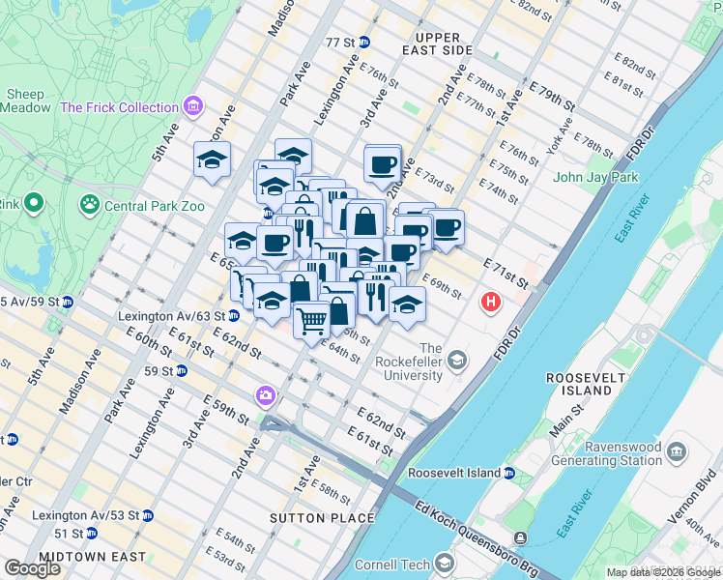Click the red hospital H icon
(491, 303)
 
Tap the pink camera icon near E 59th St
(265, 395)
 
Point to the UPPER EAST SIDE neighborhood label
(438, 43)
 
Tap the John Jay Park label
(595, 177)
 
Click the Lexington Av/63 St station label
(171, 316)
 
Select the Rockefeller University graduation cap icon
(456, 362)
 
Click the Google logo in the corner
(33, 568)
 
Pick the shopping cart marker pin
(311, 320)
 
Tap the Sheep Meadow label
(27, 101)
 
